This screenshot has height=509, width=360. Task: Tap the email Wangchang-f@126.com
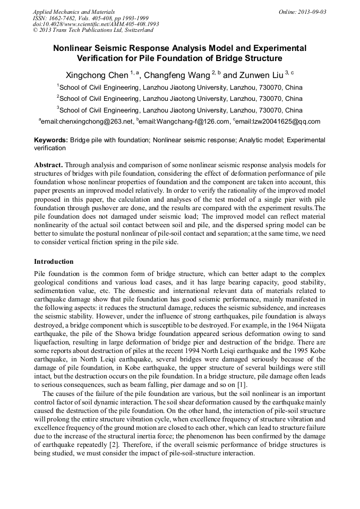pyautogui.click(x=177, y=122)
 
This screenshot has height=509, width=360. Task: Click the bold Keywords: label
pyautogui.click(x=51, y=140)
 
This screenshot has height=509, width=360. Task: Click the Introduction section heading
pyautogui.click(x=54, y=262)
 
